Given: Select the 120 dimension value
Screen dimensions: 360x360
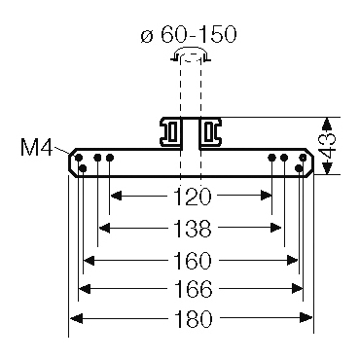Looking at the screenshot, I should tap(192, 198).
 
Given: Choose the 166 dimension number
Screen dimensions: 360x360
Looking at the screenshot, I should tap(192, 289).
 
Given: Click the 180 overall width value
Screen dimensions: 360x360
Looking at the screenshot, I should tap(192, 319).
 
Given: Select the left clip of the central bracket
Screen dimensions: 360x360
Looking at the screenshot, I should tap(172, 132).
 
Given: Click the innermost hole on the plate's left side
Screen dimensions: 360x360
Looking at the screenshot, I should tap(110, 158).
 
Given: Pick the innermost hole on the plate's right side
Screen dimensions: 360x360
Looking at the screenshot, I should tap(271, 158).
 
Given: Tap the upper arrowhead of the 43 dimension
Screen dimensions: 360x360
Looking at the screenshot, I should tap(328, 123).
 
